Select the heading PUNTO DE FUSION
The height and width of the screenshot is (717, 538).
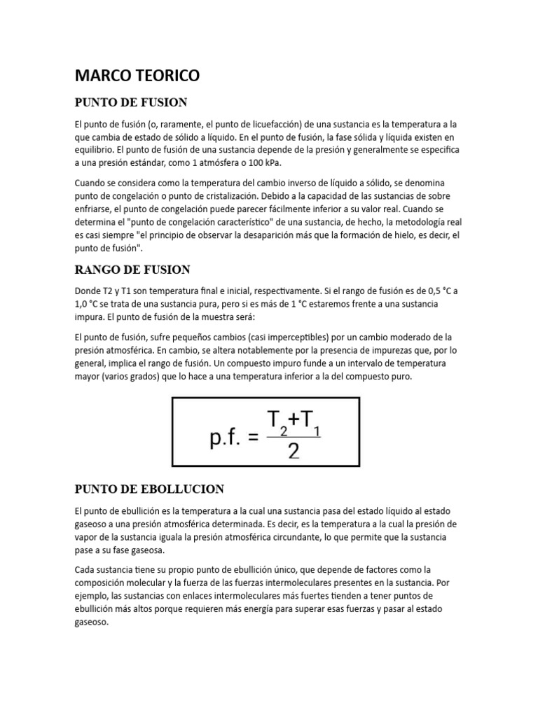tap(130, 102)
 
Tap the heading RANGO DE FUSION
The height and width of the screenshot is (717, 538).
tap(132, 270)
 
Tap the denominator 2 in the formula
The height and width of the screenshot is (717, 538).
tap(294, 452)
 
